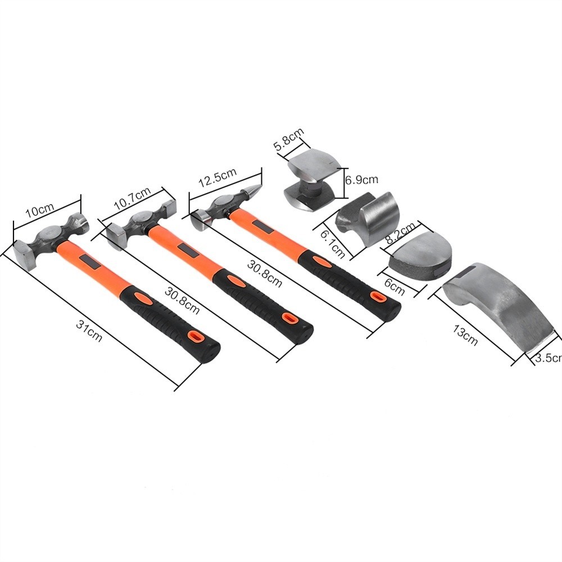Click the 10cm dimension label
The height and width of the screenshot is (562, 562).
click(40, 210)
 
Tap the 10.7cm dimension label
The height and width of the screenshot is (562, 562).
click(132, 198)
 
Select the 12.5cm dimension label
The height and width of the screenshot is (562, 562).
click(217, 177)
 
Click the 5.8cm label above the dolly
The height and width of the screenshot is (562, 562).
click(289, 139)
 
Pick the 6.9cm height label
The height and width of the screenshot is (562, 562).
click(361, 179)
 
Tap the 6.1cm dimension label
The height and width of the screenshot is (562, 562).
click(333, 244)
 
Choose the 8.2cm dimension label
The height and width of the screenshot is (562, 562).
click(400, 233)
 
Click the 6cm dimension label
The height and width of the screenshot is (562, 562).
click(395, 287)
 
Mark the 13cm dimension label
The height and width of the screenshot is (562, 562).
click(465, 335)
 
